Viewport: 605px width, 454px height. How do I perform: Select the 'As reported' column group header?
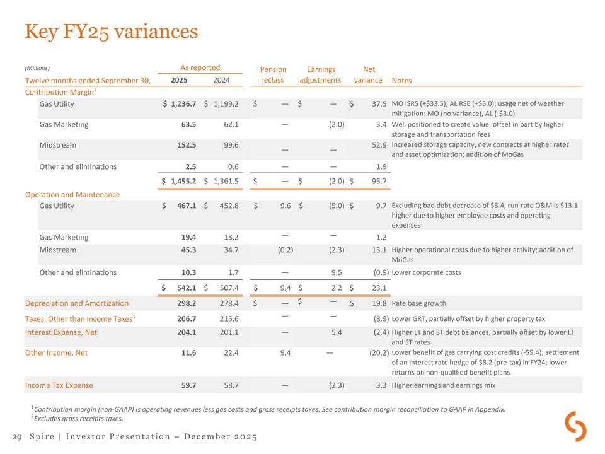tap(200, 68)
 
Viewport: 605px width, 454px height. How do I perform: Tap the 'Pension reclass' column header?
tap(274, 75)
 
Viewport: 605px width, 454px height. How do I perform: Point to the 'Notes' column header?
tap(403, 81)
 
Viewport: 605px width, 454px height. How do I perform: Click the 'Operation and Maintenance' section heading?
tap(72, 194)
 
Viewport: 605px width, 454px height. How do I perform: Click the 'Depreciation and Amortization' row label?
tap(76, 304)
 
